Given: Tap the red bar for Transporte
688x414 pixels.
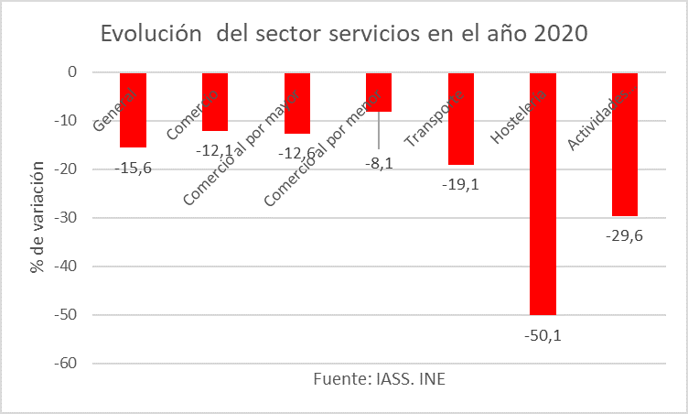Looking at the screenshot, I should [x=460, y=137].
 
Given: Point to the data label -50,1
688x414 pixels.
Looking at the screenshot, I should [x=542, y=334].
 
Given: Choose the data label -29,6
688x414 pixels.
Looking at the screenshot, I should [x=624, y=234].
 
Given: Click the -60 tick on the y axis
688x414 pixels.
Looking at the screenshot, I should [x=67, y=364].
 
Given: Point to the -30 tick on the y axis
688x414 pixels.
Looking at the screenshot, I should [x=67, y=218].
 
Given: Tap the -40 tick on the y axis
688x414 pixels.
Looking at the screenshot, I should [x=67, y=267].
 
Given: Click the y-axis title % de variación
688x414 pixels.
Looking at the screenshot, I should [x=37, y=218].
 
